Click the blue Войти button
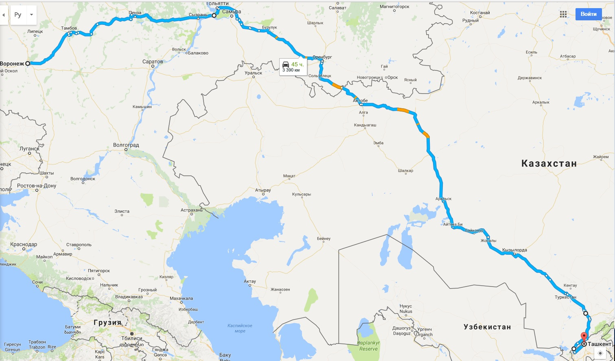tap(588, 14)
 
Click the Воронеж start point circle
tap(28, 63)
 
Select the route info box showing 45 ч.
tap(293, 67)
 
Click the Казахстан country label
tap(549, 164)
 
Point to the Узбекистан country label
tap(487, 327)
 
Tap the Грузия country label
tap(107, 323)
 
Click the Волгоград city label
tap(126, 145)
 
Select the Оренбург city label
tap(322, 57)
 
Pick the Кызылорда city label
tap(514, 250)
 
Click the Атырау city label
tap(263, 190)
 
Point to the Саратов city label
tap(153, 61)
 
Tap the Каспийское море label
tap(240, 328)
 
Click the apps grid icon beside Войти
tap(563, 14)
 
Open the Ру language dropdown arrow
tap(31, 15)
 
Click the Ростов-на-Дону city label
tap(37, 186)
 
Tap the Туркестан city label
tap(565, 297)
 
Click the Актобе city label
tap(360, 101)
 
